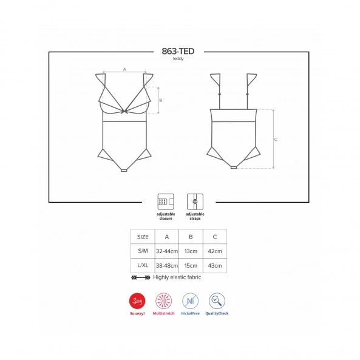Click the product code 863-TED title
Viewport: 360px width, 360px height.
coord(178,51)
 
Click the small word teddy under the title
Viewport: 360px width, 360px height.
coord(178,59)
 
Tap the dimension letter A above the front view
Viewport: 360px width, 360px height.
coord(124,69)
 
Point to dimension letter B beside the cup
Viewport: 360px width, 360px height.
coord(161,100)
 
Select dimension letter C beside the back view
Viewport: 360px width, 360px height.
coord(276,140)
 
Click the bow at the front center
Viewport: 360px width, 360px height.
coord(124,112)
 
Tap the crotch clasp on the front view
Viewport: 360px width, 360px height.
coord(124,171)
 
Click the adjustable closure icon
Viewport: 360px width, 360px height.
coord(166,202)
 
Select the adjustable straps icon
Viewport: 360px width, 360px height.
coord(195,202)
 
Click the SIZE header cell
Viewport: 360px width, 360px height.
coord(143,237)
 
